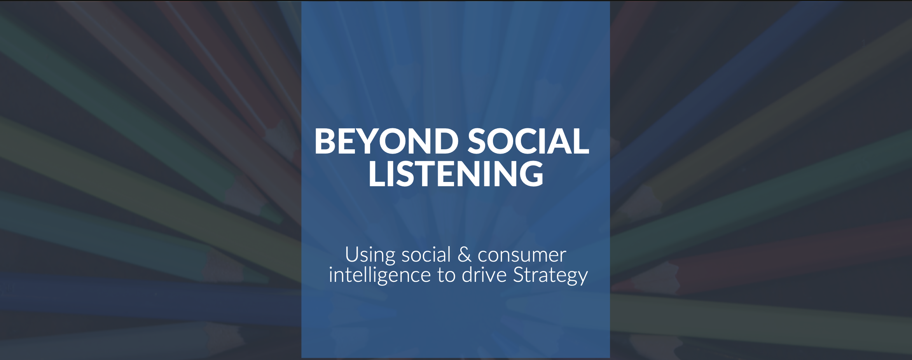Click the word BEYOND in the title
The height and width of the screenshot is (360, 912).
[x=386, y=141]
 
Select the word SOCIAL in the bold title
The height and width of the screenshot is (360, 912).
[x=528, y=141]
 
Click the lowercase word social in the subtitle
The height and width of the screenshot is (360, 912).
[x=426, y=255]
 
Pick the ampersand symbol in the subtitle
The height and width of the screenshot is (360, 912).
[x=464, y=255]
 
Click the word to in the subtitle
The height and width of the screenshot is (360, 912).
[x=446, y=275]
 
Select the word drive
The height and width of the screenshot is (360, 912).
[x=484, y=275]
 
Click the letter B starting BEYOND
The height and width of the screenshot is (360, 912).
[x=326, y=141]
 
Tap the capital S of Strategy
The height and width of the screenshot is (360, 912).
[x=520, y=275]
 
